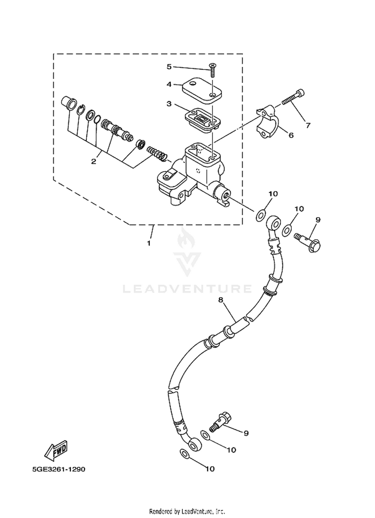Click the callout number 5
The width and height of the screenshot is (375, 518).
(x=169, y=67)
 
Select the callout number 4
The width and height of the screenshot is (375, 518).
(x=169, y=84)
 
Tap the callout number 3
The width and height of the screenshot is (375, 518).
(x=169, y=103)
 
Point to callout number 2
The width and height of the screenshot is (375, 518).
(x=93, y=161)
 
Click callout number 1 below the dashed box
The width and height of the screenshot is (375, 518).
(x=149, y=243)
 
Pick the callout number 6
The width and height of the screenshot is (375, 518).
(x=291, y=135)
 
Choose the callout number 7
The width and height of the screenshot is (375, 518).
(x=308, y=125)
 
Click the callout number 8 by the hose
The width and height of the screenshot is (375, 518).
(x=220, y=300)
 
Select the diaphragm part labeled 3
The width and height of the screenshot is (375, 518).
(x=203, y=119)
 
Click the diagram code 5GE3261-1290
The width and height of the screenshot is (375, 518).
(x=59, y=469)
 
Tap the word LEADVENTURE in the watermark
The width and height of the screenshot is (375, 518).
(x=187, y=289)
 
